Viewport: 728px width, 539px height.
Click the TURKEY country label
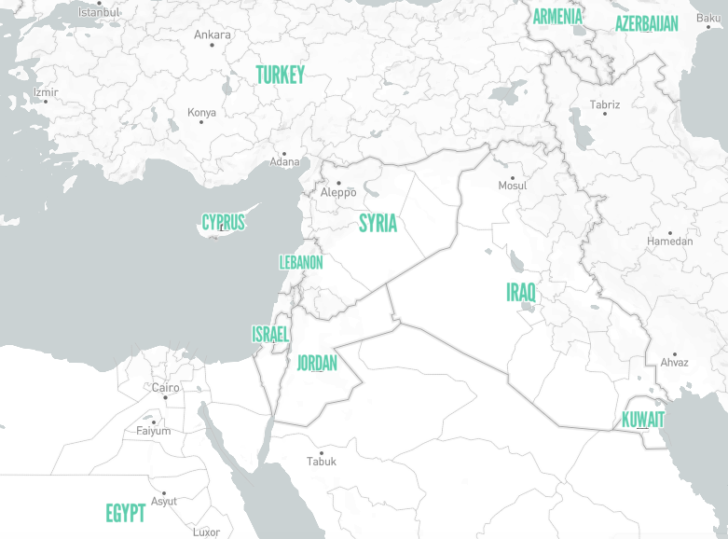point(280,76)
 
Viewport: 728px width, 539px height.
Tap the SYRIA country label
point(378,223)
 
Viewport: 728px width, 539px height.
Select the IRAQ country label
point(521,292)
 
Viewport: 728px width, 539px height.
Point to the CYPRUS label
point(224,222)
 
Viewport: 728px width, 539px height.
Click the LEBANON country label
point(301,263)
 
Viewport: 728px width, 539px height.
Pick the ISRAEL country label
point(270,334)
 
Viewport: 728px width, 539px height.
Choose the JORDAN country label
point(317,363)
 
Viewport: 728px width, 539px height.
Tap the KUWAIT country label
point(643,420)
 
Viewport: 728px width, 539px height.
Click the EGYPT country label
point(125,513)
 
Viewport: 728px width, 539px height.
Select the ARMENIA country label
point(557,16)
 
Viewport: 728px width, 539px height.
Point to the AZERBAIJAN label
point(646,23)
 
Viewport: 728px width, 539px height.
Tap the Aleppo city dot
point(338,183)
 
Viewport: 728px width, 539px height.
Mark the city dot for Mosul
point(512,176)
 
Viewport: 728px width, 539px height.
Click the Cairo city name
point(166,387)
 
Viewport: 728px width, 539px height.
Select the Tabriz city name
point(605,105)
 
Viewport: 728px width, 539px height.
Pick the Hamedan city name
point(670,242)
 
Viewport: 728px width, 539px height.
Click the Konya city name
point(201,113)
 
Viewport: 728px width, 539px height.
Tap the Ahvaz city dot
point(674,354)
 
